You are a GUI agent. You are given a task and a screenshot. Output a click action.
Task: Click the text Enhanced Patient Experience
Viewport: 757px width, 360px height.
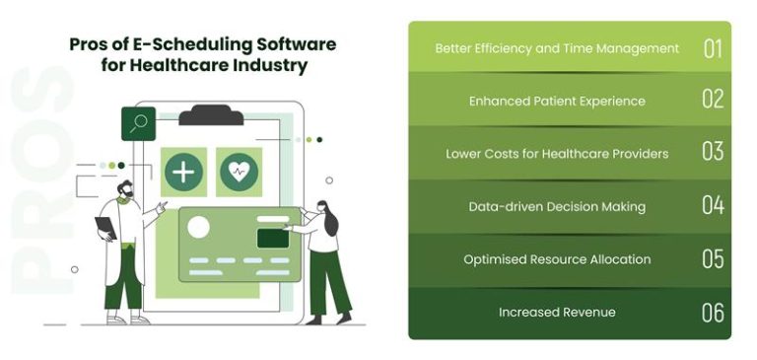pos(557,101)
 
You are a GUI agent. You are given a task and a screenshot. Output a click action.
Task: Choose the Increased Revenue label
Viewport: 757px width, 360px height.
pos(557,313)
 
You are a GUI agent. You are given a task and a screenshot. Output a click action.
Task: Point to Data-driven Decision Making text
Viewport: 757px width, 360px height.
pos(557,206)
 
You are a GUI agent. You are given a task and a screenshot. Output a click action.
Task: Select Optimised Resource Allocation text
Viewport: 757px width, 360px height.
pos(557,259)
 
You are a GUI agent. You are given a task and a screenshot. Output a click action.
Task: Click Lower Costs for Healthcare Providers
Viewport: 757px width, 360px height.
pos(557,154)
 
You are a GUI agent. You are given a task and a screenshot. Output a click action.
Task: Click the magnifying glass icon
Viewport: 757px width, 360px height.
pos(138,123)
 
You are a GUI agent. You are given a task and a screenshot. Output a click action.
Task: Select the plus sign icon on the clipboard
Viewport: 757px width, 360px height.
pos(183,172)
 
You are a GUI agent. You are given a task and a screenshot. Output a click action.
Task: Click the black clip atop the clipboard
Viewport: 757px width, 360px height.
pos(211,114)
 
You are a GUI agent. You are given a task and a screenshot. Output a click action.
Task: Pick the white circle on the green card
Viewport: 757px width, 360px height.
pos(199,228)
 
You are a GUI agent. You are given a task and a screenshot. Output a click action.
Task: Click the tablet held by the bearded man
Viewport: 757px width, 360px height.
pos(105,228)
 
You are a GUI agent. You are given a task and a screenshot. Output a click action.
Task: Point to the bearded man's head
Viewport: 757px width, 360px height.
pos(125,189)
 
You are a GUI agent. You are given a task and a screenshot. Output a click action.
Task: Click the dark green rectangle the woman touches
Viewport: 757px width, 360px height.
pos(271,238)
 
